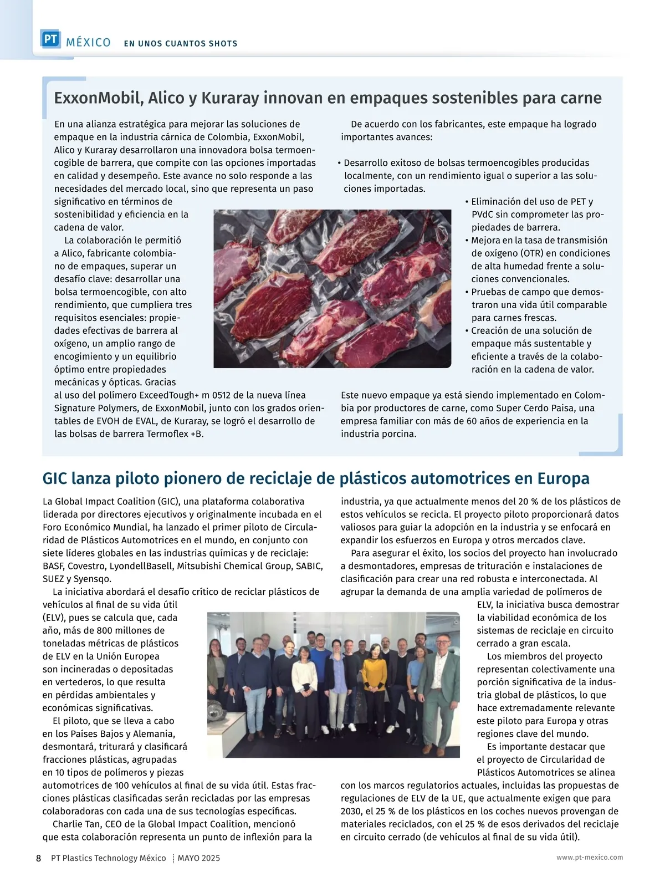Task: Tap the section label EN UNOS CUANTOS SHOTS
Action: (x=181, y=43)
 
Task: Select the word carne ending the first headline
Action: (x=579, y=98)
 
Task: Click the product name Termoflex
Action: (x=167, y=434)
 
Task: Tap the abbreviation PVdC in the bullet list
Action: (x=482, y=215)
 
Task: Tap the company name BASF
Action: (x=53, y=566)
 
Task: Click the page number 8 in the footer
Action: (x=38, y=858)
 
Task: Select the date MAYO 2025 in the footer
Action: (x=199, y=858)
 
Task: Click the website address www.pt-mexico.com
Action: (x=590, y=858)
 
